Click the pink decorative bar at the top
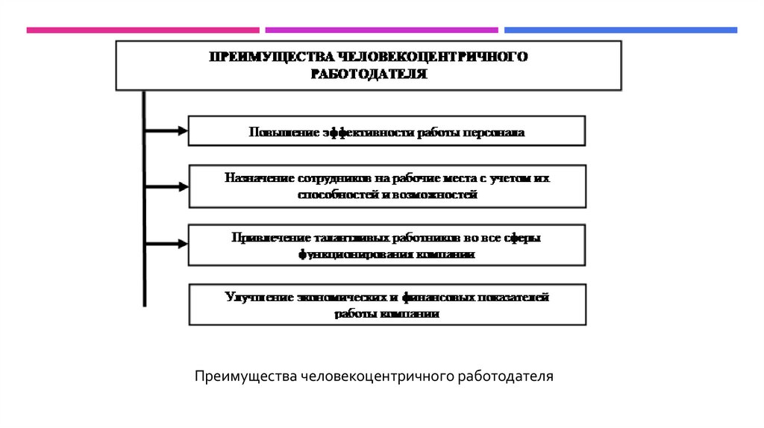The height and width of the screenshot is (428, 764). [x=143, y=31]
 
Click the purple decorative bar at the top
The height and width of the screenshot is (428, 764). [x=381, y=31]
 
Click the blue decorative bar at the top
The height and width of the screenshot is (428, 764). [x=620, y=31]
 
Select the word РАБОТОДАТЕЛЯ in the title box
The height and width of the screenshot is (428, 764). [x=369, y=74]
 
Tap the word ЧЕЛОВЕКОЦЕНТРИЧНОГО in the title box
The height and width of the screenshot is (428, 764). [x=433, y=57]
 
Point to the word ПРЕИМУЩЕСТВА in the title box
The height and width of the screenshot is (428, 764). [x=273, y=57]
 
